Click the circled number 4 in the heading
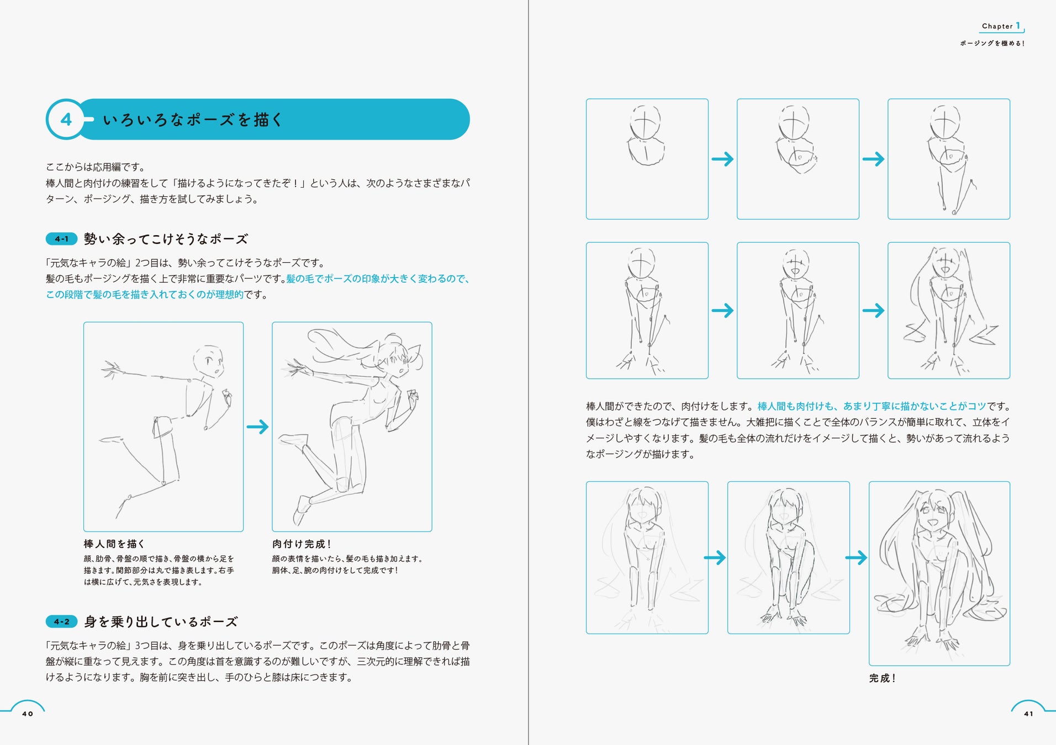pyautogui.click(x=66, y=119)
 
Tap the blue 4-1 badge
pyautogui.click(x=61, y=239)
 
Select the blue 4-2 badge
pyautogui.click(x=61, y=622)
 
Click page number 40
pyautogui.click(x=28, y=714)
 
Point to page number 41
pyautogui.click(x=1028, y=714)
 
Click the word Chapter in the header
pyautogui.click(x=997, y=26)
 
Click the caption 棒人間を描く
pyautogui.click(x=114, y=544)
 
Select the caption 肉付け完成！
pyautogui.click(x=302, y=544)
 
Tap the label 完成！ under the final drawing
pyautogui.click(x=883, y=678)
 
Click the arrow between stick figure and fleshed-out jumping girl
pyautogui.click(x=257, y=427)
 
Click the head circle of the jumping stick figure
pyautogui.click(x=208, y=361)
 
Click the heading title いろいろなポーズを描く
pyautogui.click(x=193, y=120)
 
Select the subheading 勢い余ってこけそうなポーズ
pyautogui.click(x=166, y=239)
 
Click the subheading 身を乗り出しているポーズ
pyautogui.click(x=161, y=622)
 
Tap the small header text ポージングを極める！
pyautogui.click(x=992, y=43)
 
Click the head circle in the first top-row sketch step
pyautogui.click(x=645, y=123)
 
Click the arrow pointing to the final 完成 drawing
pyautogui.click(x=856, y=557)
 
